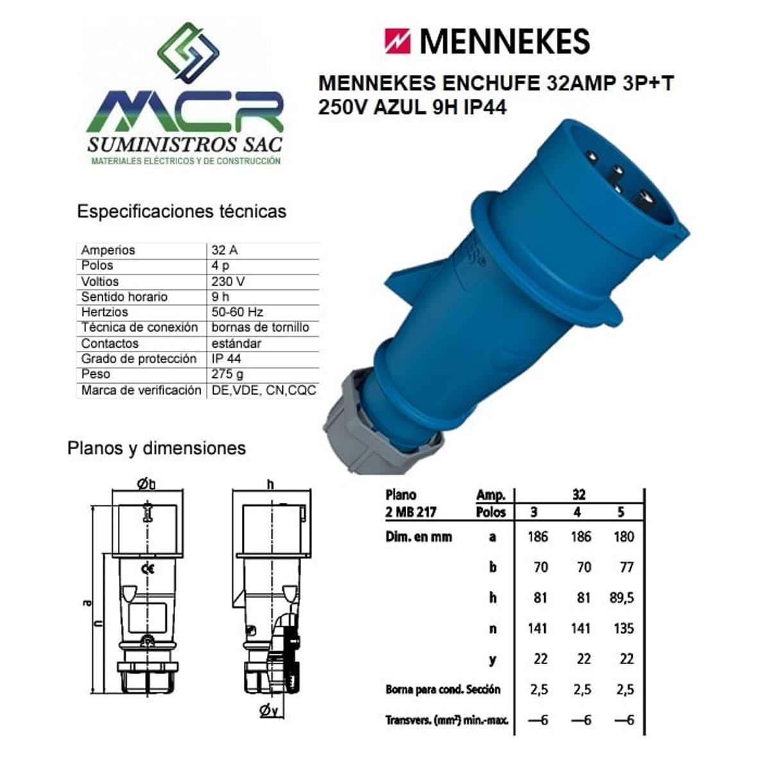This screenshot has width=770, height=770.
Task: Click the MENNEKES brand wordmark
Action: tap(504, 42)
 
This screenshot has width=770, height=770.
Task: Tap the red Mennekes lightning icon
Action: tap(398, 41)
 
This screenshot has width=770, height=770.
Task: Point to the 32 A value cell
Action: tap(225, 250)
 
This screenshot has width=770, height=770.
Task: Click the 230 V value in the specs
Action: tap(228, 281)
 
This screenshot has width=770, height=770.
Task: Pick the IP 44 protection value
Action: tap(227, 359)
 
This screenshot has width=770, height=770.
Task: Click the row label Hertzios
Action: tap(105, 312)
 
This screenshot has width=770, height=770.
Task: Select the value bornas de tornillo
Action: tap(260, 327)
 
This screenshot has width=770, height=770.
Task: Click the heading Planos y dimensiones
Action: tap(157, 448)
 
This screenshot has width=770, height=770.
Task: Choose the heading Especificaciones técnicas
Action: tap(182, 211)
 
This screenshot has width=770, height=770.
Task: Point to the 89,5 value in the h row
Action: tap(622, 598)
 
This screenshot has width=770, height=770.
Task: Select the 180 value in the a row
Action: tap(623, 536)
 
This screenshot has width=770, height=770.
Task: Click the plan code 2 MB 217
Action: tap(411, 512)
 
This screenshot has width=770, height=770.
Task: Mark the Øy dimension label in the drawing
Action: tap(268, 710)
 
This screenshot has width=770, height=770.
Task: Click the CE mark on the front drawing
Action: tap(148, 568)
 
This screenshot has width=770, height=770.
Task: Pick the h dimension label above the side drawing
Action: tap(270, 484)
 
